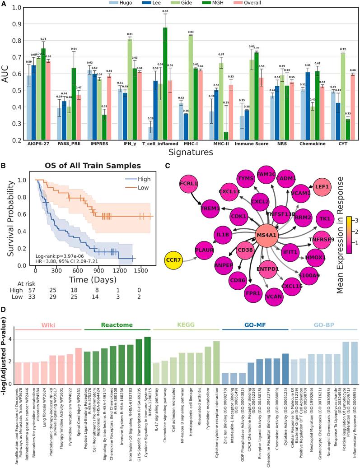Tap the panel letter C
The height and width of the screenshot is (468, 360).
pyautogui.click(x=167, y=166)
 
